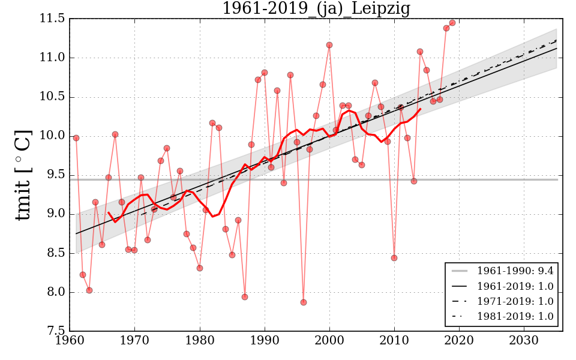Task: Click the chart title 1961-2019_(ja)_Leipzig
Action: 316,9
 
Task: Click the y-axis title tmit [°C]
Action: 23,175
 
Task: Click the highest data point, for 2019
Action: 452,23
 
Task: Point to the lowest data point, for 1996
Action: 304,302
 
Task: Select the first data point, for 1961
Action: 76,138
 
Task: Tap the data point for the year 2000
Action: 329,45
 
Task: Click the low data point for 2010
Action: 394,258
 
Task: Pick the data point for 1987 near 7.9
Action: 245,297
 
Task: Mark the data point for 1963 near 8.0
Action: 89,290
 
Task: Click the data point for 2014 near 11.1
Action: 420,52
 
